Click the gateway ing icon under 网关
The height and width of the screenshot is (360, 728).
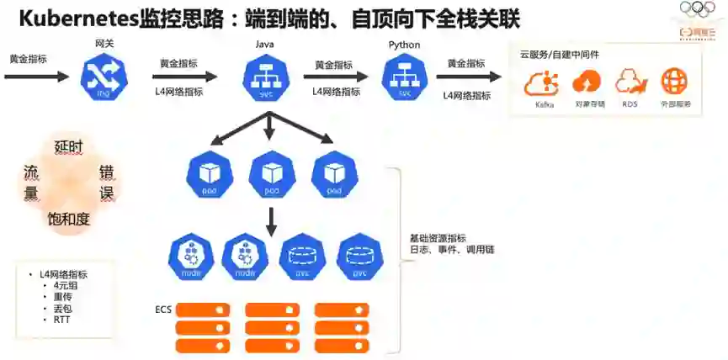pos(103,77)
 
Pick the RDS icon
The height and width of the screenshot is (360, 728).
pos(630,84)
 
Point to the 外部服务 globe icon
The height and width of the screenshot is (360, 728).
pos(675,84)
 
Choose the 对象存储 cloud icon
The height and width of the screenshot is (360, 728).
pos(587,84)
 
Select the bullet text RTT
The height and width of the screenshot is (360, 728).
pos(61,320)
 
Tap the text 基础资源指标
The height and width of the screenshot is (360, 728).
pos(438,239)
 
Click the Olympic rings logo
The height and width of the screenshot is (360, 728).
pos(698,8)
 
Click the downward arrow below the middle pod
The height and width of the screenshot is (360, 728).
pos(271,220)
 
